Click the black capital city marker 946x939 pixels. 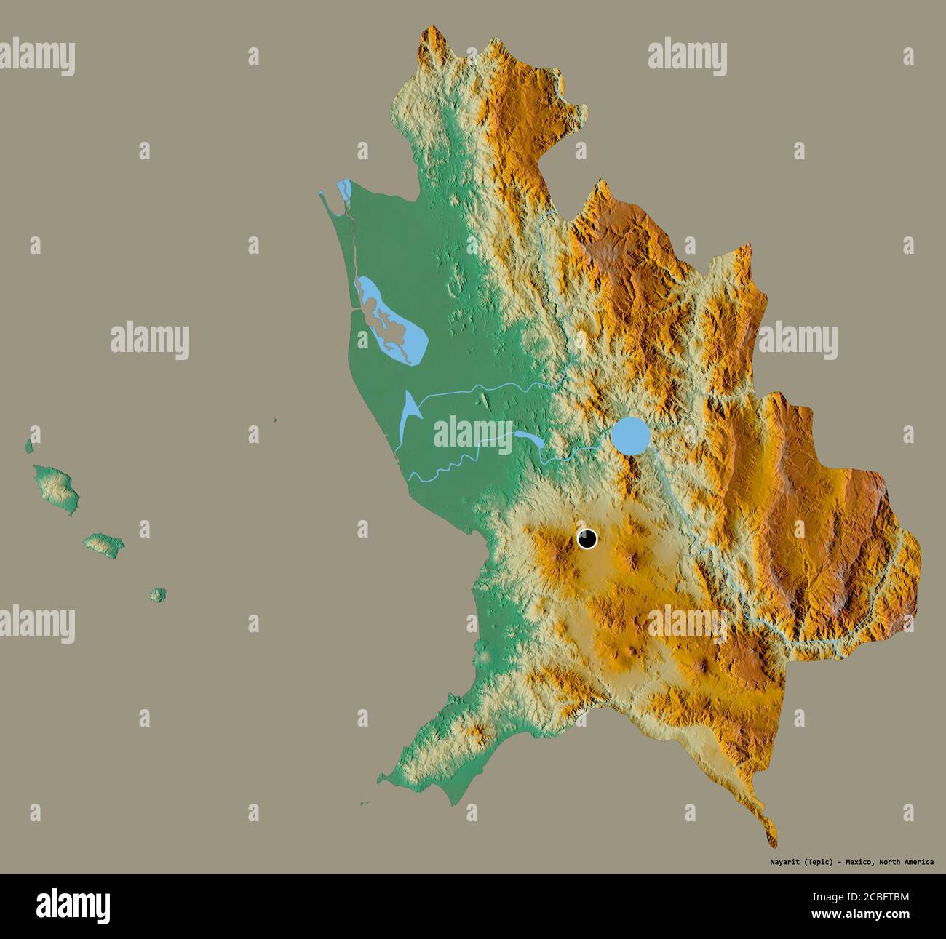[587, 539]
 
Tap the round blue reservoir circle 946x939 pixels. [630, 435]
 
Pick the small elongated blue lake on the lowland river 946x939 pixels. [528, 439]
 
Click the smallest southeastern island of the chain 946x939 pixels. [158, 594]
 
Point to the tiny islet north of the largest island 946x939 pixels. [30, 444]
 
